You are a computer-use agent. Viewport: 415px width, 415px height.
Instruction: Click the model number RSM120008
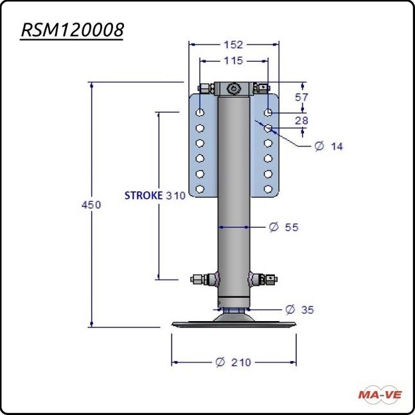click(72, 30)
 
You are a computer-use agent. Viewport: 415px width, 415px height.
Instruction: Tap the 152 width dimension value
click(234, 44)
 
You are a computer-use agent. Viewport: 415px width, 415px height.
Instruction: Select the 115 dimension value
click(234, 61)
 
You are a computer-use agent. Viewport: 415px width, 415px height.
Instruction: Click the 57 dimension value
click(301, 97)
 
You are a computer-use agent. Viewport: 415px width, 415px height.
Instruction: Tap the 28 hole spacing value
click(301, 120)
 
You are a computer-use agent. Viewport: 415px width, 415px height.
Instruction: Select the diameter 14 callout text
click(329, 147)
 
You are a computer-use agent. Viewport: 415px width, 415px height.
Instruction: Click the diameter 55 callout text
click(284, 227)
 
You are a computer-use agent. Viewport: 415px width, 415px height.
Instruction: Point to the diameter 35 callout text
click(299, 309)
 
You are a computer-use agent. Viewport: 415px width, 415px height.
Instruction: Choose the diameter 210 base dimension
click(234, 362)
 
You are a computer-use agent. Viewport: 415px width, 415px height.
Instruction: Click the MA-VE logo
click(379, 393)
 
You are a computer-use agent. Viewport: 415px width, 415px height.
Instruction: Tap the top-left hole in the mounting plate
click(200, 113)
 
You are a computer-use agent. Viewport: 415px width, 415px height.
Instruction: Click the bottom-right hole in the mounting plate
click(269, 189)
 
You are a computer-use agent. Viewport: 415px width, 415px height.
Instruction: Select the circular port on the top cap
click(234, 88)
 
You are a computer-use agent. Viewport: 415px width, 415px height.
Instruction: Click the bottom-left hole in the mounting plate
click(200, 189)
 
